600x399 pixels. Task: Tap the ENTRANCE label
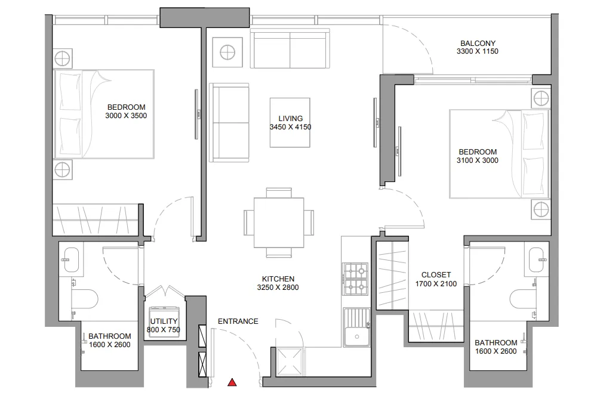click(238, 321)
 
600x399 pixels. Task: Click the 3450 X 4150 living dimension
click(290, 127)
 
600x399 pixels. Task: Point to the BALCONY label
click(478, 44)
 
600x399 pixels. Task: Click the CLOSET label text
click(436, 275)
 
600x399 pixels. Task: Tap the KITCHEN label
click(278, 279)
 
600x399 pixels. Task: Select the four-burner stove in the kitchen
click(355, 279)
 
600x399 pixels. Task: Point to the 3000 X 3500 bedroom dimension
click(125, 116)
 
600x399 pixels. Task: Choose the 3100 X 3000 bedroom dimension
click(478, 160)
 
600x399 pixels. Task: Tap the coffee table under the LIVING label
click(290, 123)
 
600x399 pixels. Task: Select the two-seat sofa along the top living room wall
click(290, 48)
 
